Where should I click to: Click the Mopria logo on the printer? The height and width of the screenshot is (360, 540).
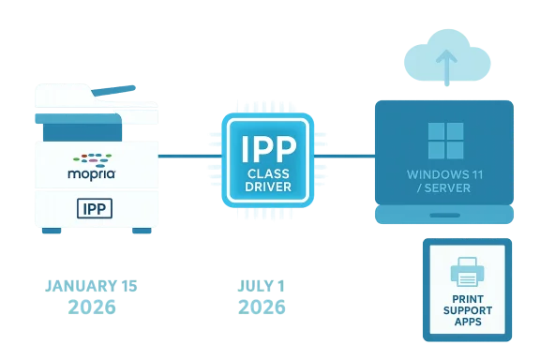(x=90, y=166)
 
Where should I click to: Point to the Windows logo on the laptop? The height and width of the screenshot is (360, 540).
(x=444, y=140)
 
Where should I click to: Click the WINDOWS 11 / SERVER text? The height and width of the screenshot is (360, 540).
(x=444, y=181)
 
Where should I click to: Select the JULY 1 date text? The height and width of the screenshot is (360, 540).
(x=262, y=284)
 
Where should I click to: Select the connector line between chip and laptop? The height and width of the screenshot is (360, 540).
(x=343, y=151)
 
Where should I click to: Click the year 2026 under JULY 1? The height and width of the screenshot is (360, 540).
(x=262, y=307)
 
